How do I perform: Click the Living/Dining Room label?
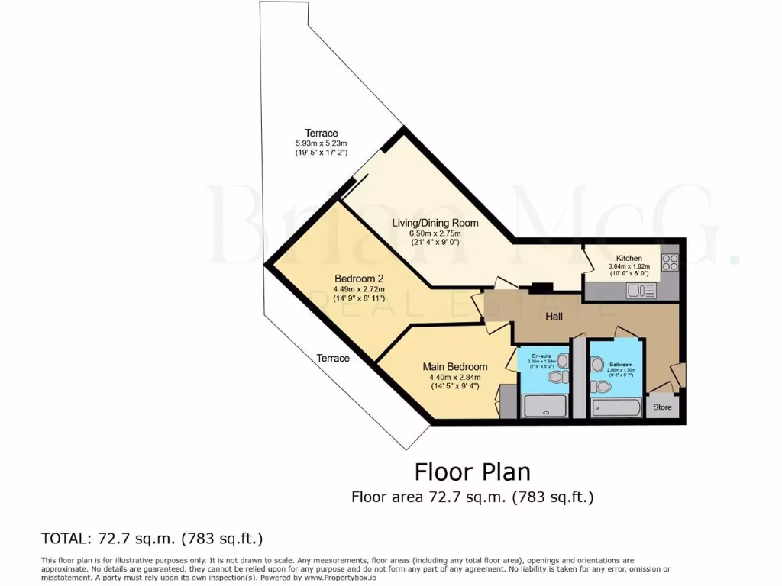pyautogui.click(x=435, y=223)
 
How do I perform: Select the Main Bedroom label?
pyautogui.click(x=455, y=367)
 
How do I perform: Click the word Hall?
pyautogui.click(x=554, y=316)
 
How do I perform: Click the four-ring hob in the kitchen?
pyautogui.click(x=670, y=262)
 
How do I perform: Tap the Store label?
pyautogui.click(x=662, y=407)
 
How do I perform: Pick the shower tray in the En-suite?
pyautogui.click(x=545, y=406)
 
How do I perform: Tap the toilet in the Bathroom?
pyautogui.click(x=602, y=387)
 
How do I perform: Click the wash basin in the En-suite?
pyautogui.click(x=562, y=360)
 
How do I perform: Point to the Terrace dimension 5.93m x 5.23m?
pyautogui.click(x=321, y=143)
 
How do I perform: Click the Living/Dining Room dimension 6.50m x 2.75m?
pyautogui.click(x=435, y=233)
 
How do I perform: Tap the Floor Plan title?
pyautogui.click(x=472, y=471)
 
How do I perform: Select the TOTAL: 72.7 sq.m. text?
pyautogui.click(x=151, y=538)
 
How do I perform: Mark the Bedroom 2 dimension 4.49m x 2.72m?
pyautogui.click(x=359, y=289)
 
